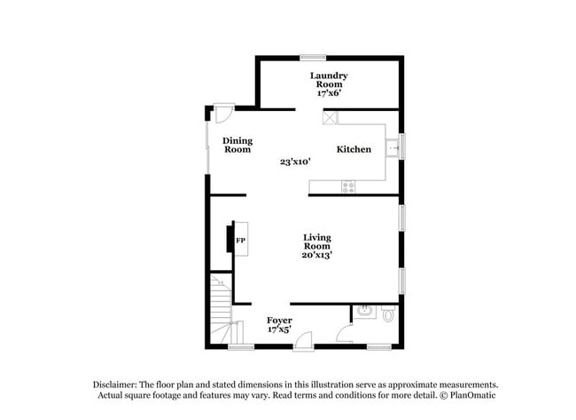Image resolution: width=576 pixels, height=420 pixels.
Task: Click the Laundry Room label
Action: (x=329, y=80)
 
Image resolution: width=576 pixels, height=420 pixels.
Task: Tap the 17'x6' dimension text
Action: (x=329, y=93)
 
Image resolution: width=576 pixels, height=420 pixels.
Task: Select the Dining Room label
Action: (x=237, y=145)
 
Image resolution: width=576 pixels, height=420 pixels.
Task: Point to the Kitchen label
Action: (x=354, y=149)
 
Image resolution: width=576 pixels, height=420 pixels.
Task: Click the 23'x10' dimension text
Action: (x=295, y=162)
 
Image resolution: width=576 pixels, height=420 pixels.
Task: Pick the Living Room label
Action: (x=317, y=242)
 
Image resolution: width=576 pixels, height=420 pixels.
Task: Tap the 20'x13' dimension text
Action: (x=317, y=255)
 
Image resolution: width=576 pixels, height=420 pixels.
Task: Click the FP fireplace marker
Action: (x=241, y=241)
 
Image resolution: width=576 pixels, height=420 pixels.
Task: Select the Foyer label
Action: (x=279, y=321)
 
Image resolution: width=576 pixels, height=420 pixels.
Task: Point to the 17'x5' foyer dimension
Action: (x=279, y=329)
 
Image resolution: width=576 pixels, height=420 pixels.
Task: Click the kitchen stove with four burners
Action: (x=348, y=186)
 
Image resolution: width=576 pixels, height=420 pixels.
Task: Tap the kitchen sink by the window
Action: (x=393, y=148)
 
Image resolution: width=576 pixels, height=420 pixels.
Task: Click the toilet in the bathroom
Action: (x=388, y=313)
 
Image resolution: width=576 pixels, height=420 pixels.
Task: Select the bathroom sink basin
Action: (x=364, y=312)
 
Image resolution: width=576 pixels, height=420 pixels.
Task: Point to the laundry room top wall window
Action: (x=313, y=58)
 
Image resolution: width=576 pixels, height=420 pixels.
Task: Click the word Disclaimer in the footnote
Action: (x=115, y=385)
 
